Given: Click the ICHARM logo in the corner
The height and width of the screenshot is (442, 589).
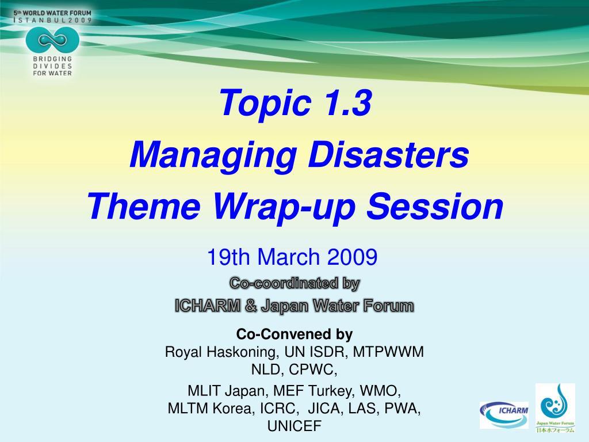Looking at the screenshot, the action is (504, 415).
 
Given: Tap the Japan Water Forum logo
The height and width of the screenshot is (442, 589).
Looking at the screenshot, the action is (555, 408).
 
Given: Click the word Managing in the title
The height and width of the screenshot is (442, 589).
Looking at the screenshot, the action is (213, 155).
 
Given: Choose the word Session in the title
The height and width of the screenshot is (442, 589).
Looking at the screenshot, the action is (435, 207).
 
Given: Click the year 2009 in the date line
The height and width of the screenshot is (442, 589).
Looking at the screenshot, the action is (352, 257).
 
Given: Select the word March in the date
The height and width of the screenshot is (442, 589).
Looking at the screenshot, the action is (288, 257).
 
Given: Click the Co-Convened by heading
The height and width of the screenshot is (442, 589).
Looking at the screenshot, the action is (294, 334).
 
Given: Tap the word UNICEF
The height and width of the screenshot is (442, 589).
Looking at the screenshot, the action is (294, 426).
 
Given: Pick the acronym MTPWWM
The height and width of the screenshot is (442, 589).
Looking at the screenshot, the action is (388, 352).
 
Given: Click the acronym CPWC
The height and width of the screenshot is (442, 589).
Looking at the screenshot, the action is (313, 369).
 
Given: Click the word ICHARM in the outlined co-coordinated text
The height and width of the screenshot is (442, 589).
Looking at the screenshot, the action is (207, 306).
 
